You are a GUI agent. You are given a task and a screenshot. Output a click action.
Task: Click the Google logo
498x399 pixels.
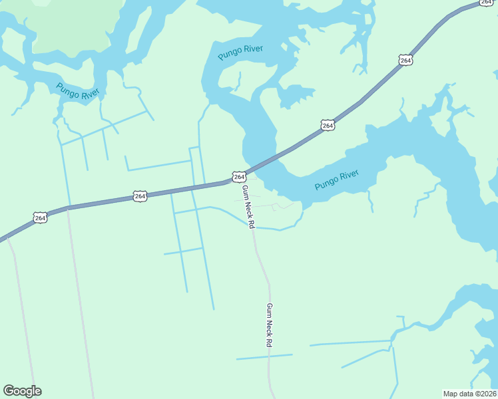22,391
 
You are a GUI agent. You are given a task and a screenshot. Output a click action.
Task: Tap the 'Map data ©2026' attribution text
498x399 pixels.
470,394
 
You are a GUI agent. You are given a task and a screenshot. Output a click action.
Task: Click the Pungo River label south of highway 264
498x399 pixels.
337,180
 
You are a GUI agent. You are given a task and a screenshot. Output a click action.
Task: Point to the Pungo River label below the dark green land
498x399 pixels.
77,92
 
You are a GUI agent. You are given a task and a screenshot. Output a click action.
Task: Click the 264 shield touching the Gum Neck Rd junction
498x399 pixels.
239,176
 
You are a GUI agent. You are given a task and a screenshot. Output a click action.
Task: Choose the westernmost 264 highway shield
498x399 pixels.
40,217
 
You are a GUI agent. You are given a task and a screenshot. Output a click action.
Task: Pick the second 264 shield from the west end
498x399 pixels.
140,196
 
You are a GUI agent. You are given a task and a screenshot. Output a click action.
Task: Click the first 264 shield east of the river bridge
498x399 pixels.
327,125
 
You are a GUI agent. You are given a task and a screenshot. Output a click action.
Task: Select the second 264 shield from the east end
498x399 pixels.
406,61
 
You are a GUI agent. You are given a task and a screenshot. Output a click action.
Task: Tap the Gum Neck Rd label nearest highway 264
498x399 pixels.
248,207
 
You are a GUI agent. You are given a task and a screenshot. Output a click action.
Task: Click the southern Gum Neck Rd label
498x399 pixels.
270,325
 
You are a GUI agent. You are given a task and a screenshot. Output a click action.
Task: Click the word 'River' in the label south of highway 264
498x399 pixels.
350,176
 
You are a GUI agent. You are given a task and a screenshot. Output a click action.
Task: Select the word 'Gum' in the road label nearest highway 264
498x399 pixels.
244,192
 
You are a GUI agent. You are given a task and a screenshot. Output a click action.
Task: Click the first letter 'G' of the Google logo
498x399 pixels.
9,391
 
